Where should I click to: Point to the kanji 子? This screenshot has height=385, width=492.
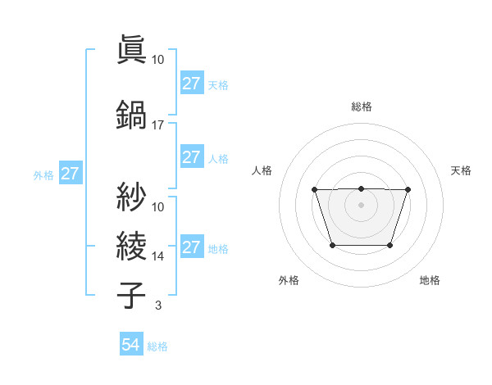(x=132, y=295)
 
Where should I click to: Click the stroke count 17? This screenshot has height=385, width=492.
(x=158, y=125)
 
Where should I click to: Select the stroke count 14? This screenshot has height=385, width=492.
(x=158, y=256)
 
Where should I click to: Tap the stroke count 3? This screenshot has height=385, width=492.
(x=157, y=306)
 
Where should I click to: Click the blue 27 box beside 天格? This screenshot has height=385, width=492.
(x=191, y=84)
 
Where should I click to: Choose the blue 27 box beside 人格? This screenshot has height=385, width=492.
(x=191, y=157)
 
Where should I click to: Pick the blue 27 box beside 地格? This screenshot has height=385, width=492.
(x=191, y=247)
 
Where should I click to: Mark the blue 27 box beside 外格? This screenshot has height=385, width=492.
(x=70, y=174)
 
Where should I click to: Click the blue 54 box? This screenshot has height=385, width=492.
(x=130, y=346)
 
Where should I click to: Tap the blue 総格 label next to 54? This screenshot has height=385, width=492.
(x=157, y=346)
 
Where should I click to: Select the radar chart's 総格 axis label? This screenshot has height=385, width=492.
(x=362, y=106)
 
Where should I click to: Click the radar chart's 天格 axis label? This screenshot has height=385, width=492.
(x=462, y=170)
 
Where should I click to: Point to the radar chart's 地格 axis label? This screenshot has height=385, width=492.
(x=430, y=280)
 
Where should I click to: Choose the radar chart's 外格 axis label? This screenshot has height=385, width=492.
(x=289, y=280)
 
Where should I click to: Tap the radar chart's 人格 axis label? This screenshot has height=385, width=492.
(x=262, y=170)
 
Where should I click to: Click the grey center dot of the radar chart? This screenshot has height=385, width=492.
(x=361, y=205)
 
